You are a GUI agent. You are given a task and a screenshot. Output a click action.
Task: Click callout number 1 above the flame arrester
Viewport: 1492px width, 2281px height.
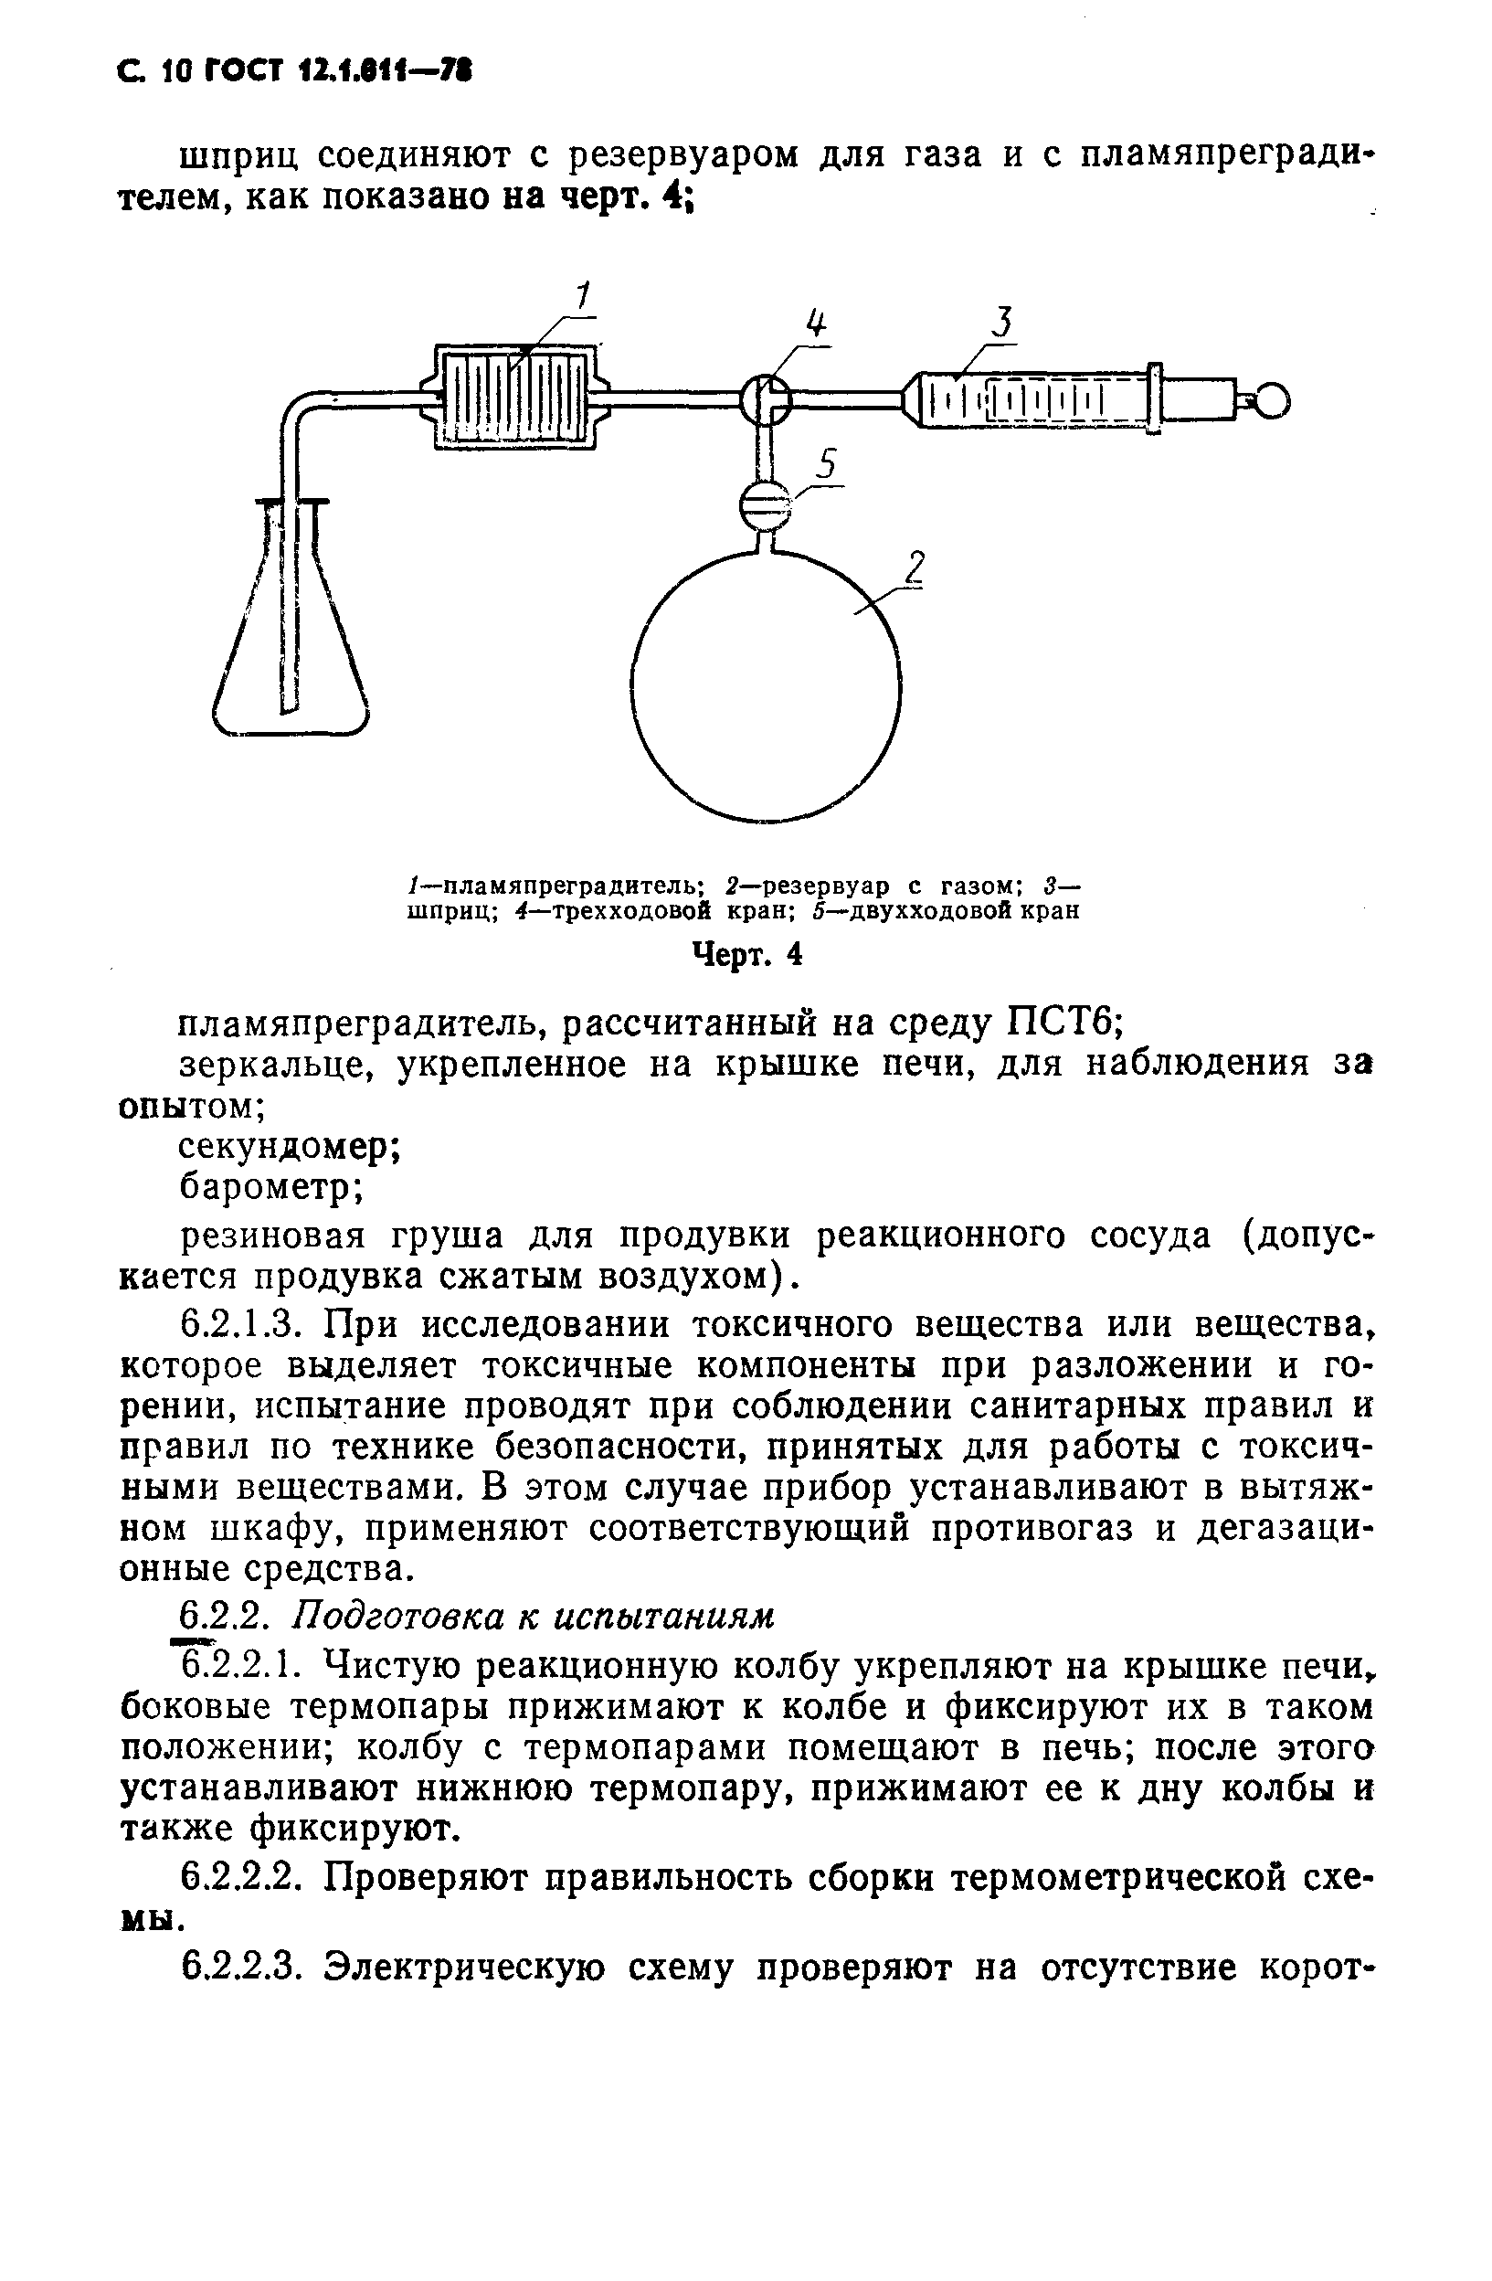pyautogui.click(x=581, y=297)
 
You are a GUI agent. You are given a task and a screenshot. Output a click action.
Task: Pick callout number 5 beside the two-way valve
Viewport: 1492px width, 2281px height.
pyautogui.click(x=826, y=466)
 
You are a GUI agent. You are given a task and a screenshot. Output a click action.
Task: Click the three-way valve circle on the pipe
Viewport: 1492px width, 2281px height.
pyautogui.click(x=766, y=399)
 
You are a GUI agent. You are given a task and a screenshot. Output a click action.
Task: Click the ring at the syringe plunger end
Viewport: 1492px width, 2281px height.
pyautogui.click(x=1271, y=399)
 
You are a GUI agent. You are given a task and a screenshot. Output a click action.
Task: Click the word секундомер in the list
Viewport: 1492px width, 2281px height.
pyautogui.click(x=289, y=1147)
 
